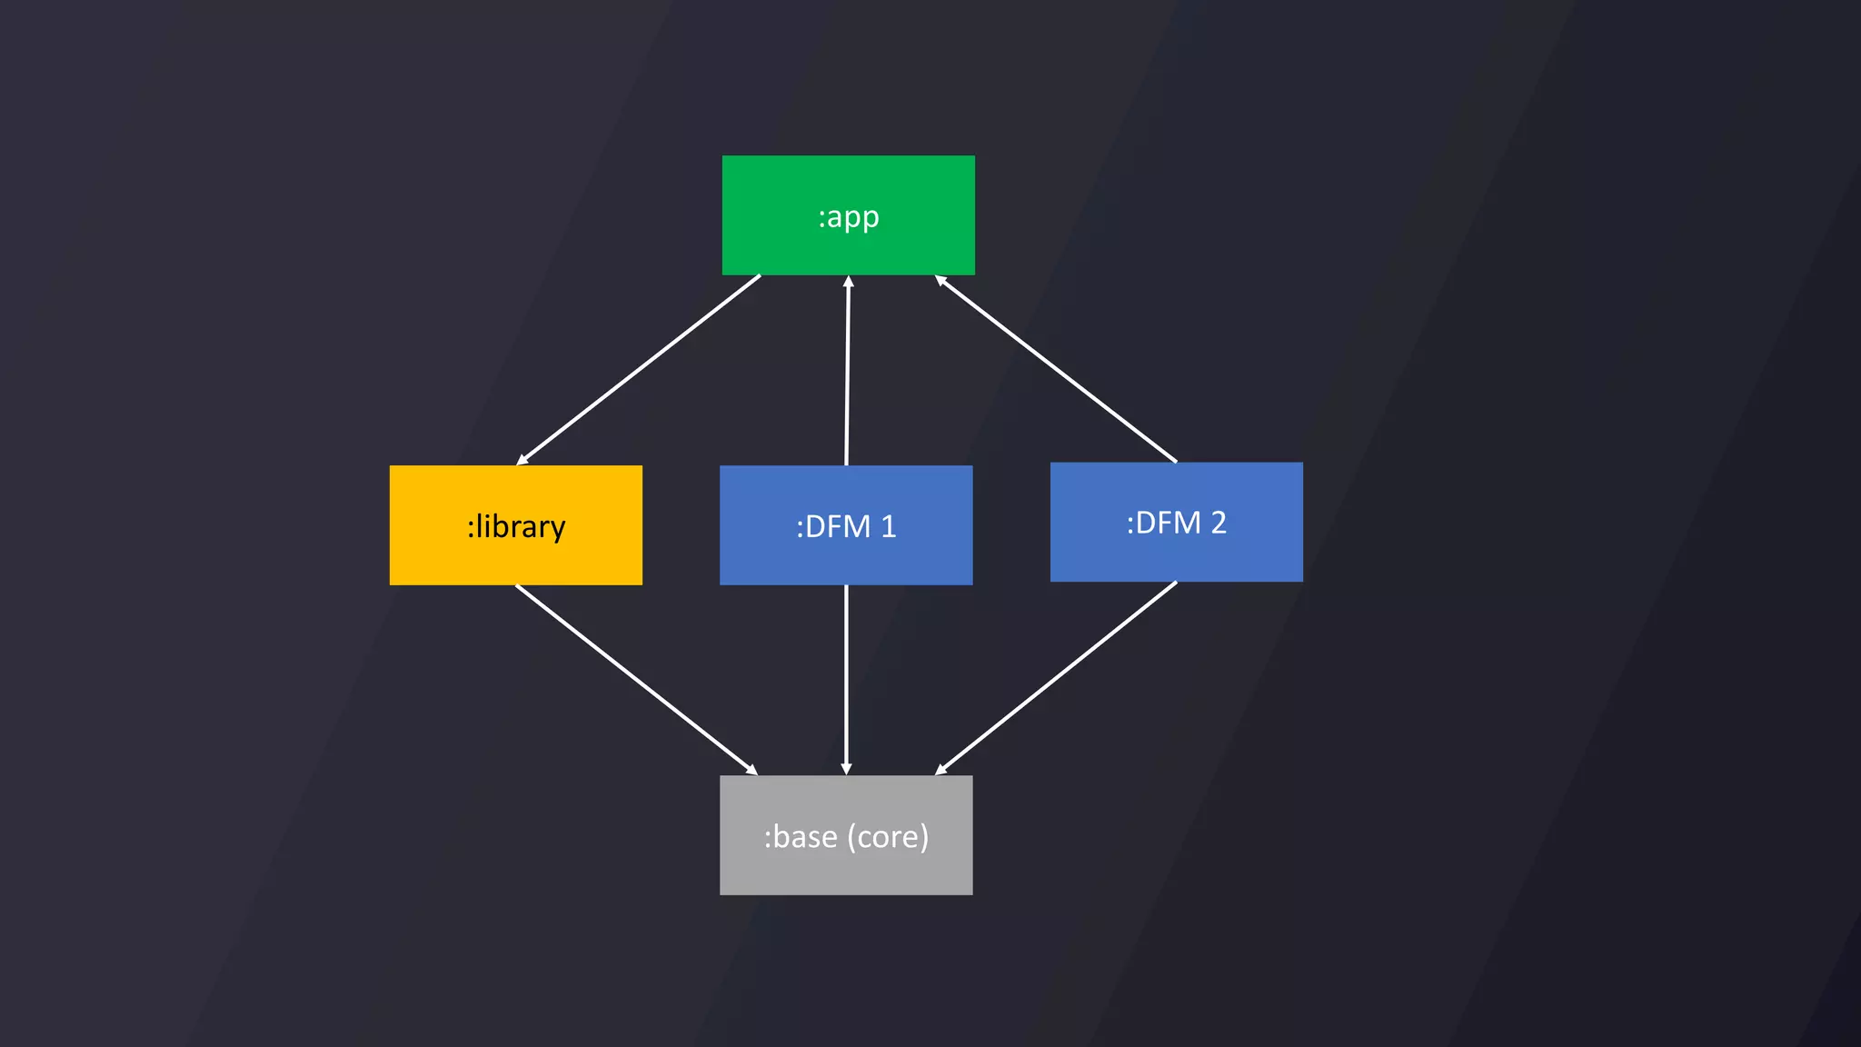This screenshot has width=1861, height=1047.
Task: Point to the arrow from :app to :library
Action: click(x=639, y=369)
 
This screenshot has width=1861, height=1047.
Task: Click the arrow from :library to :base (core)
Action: click(x=636, y=680)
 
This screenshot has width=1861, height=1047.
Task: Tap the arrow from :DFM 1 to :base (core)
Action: click(x=846, y=680)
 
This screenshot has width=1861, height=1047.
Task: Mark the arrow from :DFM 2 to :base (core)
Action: click(x=1057, y=678)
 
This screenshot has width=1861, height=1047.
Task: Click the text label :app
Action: click(x=849, y=217)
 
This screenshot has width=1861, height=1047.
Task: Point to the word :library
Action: click(x=516, y=527)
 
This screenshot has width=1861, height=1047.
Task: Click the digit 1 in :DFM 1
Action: click(x=888, y=527)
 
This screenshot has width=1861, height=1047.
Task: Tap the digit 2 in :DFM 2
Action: click(x=1218, y=523)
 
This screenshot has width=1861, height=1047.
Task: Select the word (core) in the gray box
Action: click(x=888, y=837)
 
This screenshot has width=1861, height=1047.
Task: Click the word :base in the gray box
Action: click(x=800, y=837)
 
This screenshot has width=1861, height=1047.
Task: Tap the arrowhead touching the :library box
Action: click(x=522, y=460)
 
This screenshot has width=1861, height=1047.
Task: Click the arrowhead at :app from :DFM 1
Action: click(x=848, y=282)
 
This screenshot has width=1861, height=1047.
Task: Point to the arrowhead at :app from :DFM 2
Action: click(x=941, y=281)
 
